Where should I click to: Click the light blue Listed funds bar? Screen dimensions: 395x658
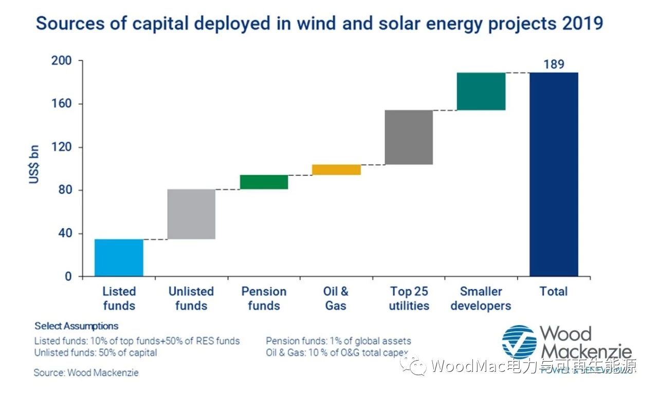(x=119, y=257)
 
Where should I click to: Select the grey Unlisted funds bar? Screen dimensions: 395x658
(x=191, y=214)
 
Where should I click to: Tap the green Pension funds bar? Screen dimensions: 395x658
(x=264, y=182)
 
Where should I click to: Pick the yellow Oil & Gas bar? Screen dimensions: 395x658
(x=336, y=170)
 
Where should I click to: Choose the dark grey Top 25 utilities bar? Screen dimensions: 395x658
(x=409, y=137)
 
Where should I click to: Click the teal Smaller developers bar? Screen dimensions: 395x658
(x=481, y=91)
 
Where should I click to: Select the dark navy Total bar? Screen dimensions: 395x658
(x=554, y=174)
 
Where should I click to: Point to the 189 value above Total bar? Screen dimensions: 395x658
(x=554, y=65)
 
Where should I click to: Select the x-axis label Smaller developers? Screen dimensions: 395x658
(x=481, y=298)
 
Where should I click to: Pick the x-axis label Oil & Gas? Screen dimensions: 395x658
(x=336, y=298)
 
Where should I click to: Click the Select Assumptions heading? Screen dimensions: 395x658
(x=76, y=326)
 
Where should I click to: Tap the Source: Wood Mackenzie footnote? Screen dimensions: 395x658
(x=86, y=372)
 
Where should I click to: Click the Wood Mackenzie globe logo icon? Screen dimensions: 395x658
(x=519, y=342)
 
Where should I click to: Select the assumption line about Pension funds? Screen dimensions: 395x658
(x=338, y=341)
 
